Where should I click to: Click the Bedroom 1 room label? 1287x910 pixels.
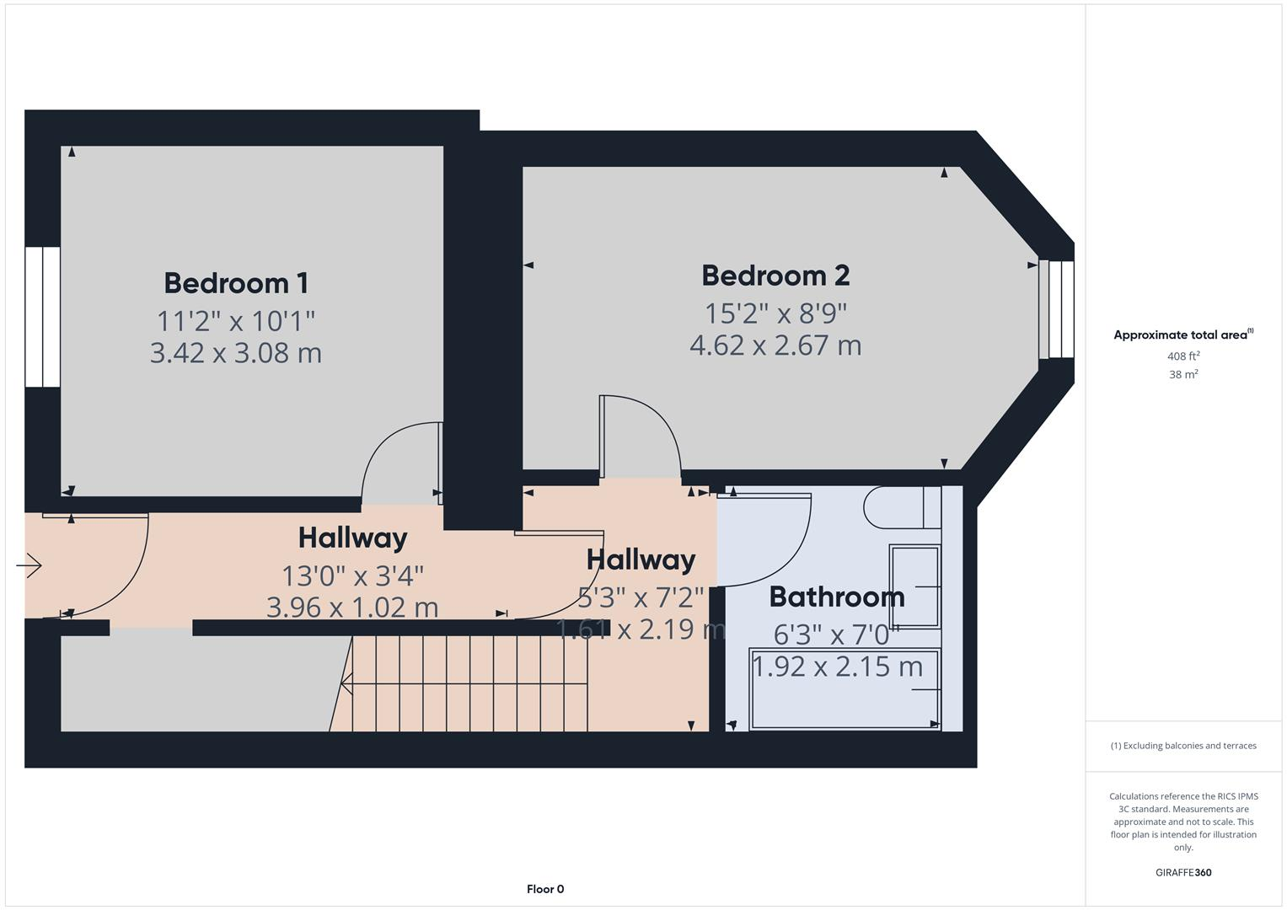[x=236, y=283]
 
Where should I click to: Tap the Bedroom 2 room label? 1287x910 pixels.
[x=775, y=276]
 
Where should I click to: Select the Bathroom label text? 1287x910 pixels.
[x=836, y=597]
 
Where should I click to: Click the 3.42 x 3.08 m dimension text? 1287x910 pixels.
[x=236, y=353]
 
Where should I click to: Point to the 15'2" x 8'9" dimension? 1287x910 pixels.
[x=775, y=313]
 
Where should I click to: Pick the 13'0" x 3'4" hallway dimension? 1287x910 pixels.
[x=352, y=576]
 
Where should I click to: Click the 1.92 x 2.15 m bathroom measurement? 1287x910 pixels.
[x=837, y=666]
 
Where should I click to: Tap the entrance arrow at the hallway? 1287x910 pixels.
[x=29, y=565]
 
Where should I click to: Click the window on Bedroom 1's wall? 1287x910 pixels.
[x=42, y=317]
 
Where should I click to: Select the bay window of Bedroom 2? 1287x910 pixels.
[x=1057, y=309]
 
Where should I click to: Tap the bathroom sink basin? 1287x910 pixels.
[x=914, y=586]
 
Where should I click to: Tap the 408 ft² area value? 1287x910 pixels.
[x=1183, y=356]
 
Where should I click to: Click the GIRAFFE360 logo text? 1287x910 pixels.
[x=1183, y=873]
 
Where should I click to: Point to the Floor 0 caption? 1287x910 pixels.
[x=545, y=889]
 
